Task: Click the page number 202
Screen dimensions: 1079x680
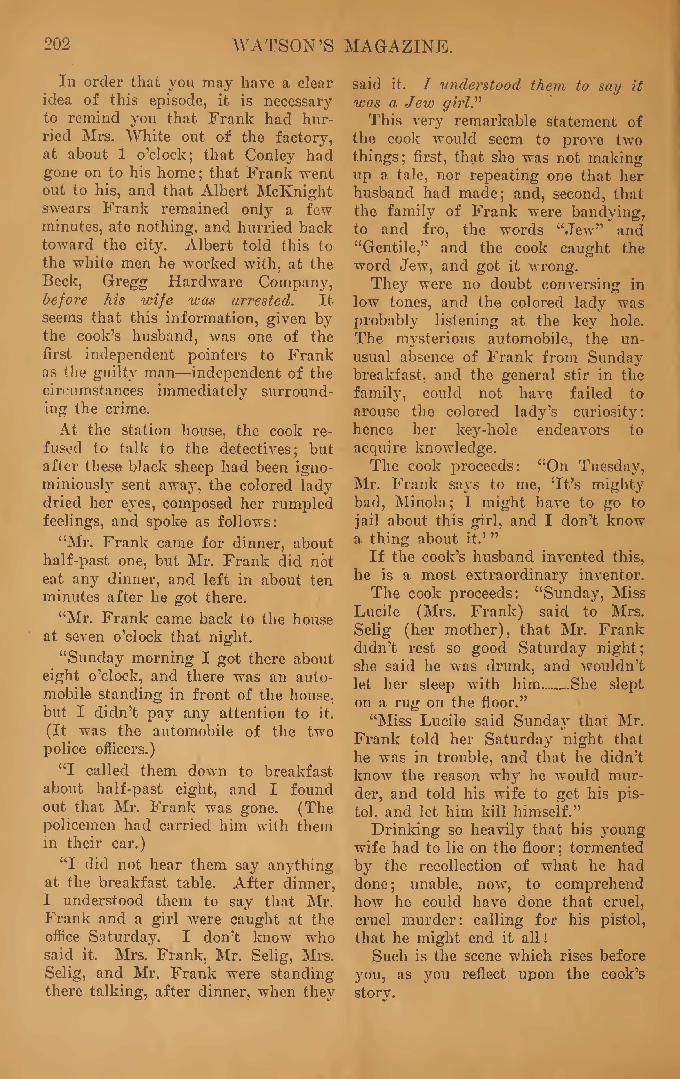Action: [x=57, y=45]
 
